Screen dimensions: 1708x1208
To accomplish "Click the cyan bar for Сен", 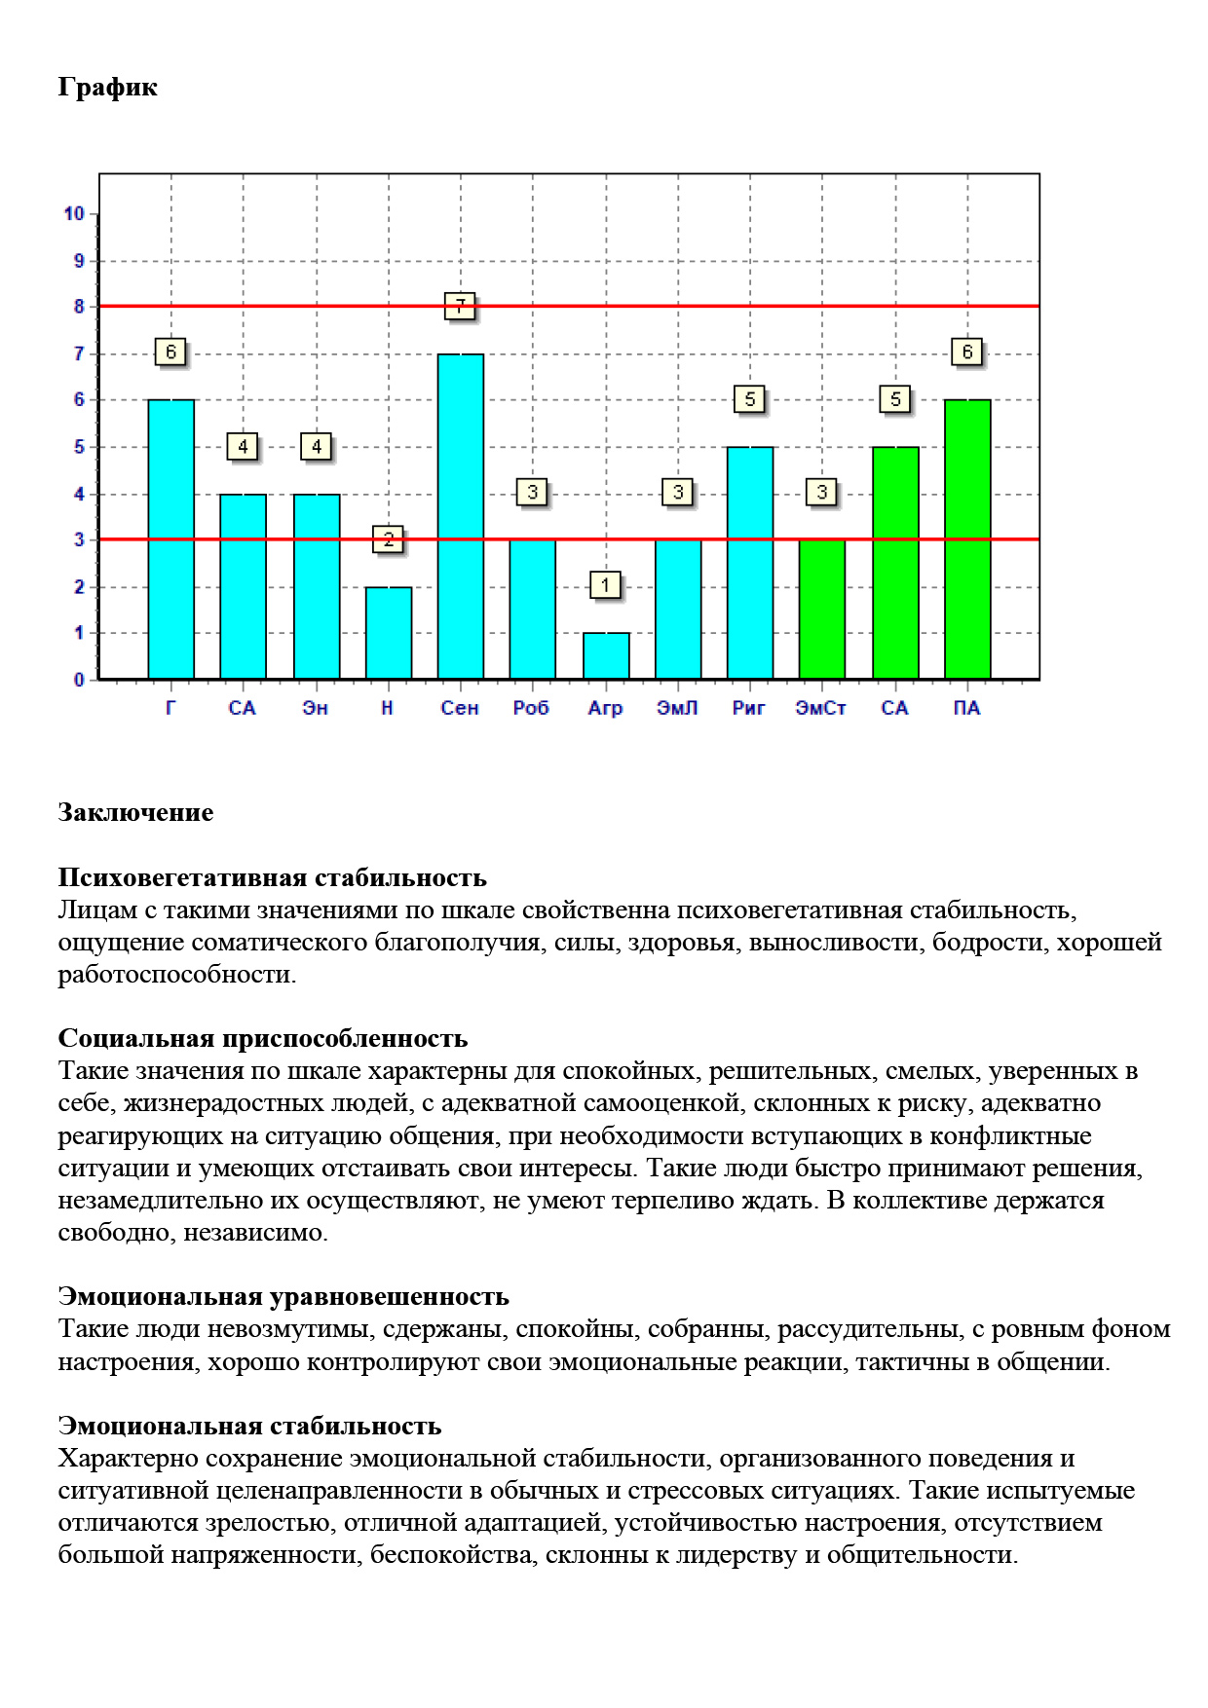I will click(461, 516).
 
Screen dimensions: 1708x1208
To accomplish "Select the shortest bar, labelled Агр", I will click(606, 655).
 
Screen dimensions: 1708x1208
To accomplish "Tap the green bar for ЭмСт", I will click(822, 609).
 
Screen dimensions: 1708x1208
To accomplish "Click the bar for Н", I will click(389, 632).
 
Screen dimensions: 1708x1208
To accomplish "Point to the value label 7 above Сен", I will click(460, 306).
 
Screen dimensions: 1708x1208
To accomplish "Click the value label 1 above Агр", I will click(605, 585).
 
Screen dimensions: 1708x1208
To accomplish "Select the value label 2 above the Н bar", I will click(389, 538).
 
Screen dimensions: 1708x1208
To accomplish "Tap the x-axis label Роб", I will click(532, 708).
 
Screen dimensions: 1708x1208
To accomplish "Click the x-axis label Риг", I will click(749, 708).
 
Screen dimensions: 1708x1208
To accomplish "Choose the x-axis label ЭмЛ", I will click(677, 708).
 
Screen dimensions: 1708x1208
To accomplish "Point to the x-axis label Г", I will click(171, 708).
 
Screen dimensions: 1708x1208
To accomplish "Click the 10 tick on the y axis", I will click(74, 213).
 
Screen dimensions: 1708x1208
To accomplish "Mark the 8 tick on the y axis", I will click(79, 307).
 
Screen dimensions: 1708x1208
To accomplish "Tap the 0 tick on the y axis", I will click(79, 680).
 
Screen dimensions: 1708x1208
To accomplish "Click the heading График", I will click(107, 88).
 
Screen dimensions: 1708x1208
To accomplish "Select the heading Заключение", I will click(135, 812).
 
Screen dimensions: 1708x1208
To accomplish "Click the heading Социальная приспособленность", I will click(263, 1038).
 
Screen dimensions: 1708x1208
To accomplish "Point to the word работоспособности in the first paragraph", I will click(176, 975).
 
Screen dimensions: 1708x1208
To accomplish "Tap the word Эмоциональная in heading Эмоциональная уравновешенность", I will click(160, 1296).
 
